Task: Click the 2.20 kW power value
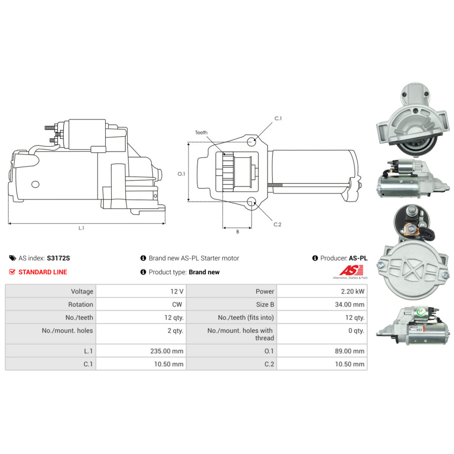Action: [352, 291]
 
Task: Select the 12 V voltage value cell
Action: [177, 291]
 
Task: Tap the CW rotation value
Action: [177, 304]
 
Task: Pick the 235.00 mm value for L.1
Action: [167, 351]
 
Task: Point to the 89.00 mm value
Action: [350, 351]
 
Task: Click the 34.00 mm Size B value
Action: [350, 304]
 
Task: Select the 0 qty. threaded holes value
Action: [356, 331]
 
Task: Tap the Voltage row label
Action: [82, 291]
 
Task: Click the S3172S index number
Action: [59, 258]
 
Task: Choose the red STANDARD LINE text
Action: [43, 272]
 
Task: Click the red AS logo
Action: [351, 271]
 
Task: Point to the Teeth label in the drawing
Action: [201, 132]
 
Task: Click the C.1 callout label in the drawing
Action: [278, 118]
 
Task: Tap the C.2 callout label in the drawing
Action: [277, 224]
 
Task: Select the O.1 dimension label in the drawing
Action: [181, 174]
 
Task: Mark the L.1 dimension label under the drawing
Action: [81, 228]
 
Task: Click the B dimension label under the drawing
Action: [237, 232]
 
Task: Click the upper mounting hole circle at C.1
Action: [252, 142]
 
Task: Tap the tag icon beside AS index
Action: [13, 258]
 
